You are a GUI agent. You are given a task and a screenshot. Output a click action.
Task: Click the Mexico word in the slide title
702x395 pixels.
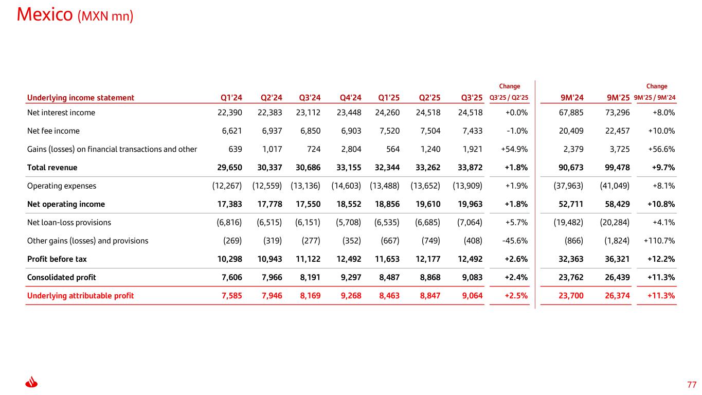45,14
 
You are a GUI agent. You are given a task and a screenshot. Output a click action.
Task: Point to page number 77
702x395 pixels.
691,385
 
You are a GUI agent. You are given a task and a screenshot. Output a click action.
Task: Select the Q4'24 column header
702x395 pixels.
351,98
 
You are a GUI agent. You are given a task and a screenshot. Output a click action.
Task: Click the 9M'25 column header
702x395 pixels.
618,98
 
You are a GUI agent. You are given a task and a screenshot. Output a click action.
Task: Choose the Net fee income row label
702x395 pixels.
53,131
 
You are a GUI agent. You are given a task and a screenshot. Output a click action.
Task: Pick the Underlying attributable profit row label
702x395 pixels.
80,296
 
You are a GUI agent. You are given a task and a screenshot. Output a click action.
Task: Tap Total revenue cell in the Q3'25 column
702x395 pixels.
470,168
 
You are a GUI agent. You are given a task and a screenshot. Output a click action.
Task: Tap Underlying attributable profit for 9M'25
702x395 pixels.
618,296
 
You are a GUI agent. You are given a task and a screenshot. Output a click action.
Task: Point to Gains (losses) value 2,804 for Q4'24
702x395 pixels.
351,149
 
